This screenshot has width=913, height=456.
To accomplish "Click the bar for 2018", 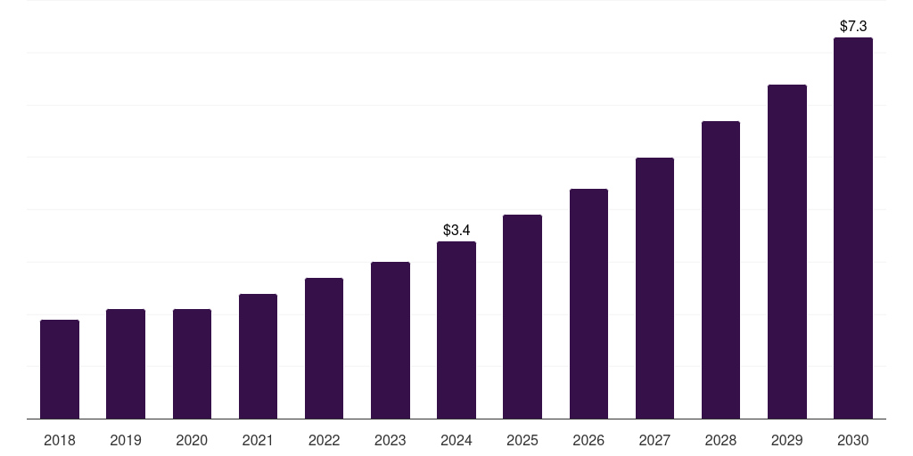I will [x=60, y=370].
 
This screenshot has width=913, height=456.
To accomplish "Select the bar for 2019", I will [x=126, y=364].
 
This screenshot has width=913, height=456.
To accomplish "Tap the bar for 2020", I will [x=192, y=364].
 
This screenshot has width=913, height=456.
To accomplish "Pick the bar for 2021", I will [x=258, y=356].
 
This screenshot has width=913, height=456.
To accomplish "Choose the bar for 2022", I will [x=324, y=348].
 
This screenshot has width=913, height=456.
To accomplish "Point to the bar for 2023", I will [x=391, y=340].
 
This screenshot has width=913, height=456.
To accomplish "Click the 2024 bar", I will [x=456, y=330].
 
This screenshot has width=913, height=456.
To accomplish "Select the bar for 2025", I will [x=522, y=317].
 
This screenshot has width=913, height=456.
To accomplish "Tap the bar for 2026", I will [x=588, y=304].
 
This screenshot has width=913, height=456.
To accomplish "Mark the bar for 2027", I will [x=654, y=289].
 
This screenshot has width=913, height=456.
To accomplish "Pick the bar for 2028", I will [x=720, y=270].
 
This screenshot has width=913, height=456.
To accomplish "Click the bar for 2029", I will [x=786, y=252].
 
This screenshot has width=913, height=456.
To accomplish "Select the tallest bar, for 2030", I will [x=853, y=228].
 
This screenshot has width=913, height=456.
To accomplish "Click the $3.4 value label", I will [x=456, y=231].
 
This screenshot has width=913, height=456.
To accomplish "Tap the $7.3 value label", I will [x=853, y=27].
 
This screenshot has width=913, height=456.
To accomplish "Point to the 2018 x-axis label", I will [x=60, y=440].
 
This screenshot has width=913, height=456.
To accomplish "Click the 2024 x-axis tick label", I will [x=456, y=440].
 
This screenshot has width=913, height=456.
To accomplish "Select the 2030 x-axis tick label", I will [x=853, y=440].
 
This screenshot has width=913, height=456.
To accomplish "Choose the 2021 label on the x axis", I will [x=258, y=440].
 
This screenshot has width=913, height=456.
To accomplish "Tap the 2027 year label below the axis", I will [x=654, y=440].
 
